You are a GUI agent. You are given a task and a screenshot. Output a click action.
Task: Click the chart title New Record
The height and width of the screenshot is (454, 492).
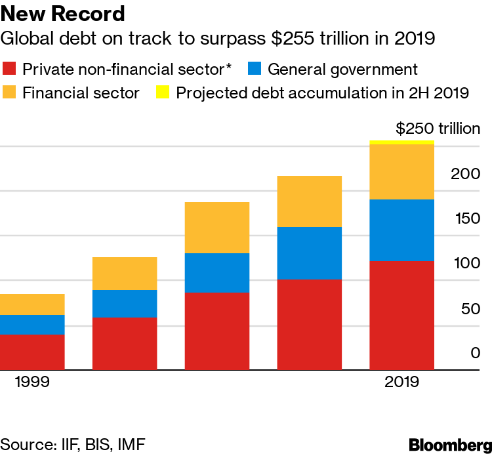click(x=63, y=14)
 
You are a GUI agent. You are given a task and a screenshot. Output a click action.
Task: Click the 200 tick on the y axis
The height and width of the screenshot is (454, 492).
click(x=466, y=174)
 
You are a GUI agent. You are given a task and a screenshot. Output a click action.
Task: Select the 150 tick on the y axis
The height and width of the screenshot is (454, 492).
click(x=466, y=218)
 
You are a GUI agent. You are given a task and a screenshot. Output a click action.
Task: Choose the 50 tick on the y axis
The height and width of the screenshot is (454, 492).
click(x=470, y=308)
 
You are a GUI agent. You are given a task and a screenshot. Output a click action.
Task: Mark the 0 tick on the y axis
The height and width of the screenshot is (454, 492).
click(x=475, y=353)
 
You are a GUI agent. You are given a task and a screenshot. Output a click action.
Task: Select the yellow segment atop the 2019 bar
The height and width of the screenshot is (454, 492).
click(x=401, y=142)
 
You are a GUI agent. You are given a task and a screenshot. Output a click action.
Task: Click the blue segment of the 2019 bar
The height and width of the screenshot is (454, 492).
click(x=401, y=230)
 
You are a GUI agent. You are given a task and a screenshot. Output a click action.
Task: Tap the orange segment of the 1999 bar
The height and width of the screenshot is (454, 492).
click(x=32, y=304)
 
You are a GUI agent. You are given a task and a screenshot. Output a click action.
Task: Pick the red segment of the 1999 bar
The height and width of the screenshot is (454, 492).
click(x=32, y=352)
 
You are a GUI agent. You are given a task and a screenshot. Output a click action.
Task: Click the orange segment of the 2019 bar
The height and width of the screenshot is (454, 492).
click(x=401, y=171)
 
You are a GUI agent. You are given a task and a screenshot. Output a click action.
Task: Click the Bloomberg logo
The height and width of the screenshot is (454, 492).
click(x=449, y=444)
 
